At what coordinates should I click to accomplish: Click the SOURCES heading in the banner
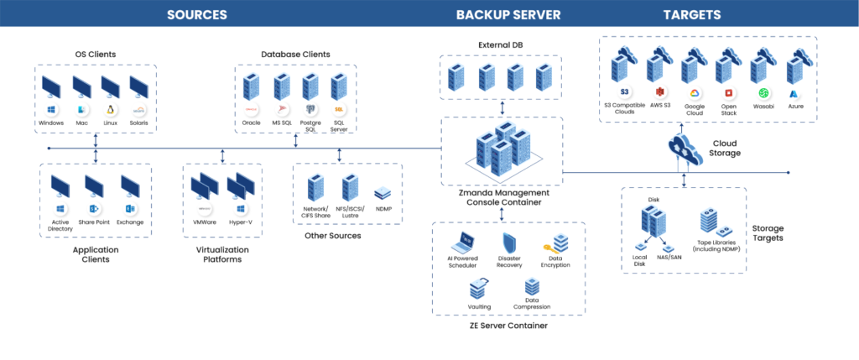[x=196, y=14]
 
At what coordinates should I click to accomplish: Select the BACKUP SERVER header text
[x=508, y=14]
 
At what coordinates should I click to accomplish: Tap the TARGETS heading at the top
[x=692, y=14]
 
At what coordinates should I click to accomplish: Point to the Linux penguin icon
[x=110, y=110]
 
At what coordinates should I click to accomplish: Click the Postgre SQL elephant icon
[x=310, y=109]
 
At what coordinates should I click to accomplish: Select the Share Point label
[x=94, y=222]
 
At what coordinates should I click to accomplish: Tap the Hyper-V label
[x=240, y=222]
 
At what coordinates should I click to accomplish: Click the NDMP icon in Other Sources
[x=383, y=192]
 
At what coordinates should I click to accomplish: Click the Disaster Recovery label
[x=510, y=263]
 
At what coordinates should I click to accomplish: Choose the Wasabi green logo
[x=763, y=92]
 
